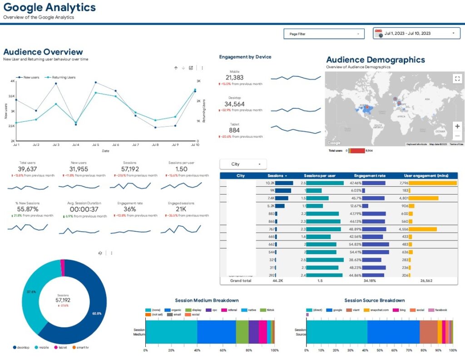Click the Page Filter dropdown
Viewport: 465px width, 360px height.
pos(324,34)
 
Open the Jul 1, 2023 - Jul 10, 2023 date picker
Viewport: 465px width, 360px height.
pos(416,33)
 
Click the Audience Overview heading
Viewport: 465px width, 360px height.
pos(43,52)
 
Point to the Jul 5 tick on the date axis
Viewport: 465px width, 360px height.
pos(95,145)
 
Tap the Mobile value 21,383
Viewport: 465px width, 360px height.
pos(234,78)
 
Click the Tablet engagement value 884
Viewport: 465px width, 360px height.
pos(234,130)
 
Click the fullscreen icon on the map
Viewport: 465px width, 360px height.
pos(457,79)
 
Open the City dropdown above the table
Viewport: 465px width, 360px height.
pos(243,164)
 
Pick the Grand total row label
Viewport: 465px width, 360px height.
pos(240,281)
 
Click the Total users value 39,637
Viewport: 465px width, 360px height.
pos(28,169)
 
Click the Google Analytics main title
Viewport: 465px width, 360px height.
pos(49,8)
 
